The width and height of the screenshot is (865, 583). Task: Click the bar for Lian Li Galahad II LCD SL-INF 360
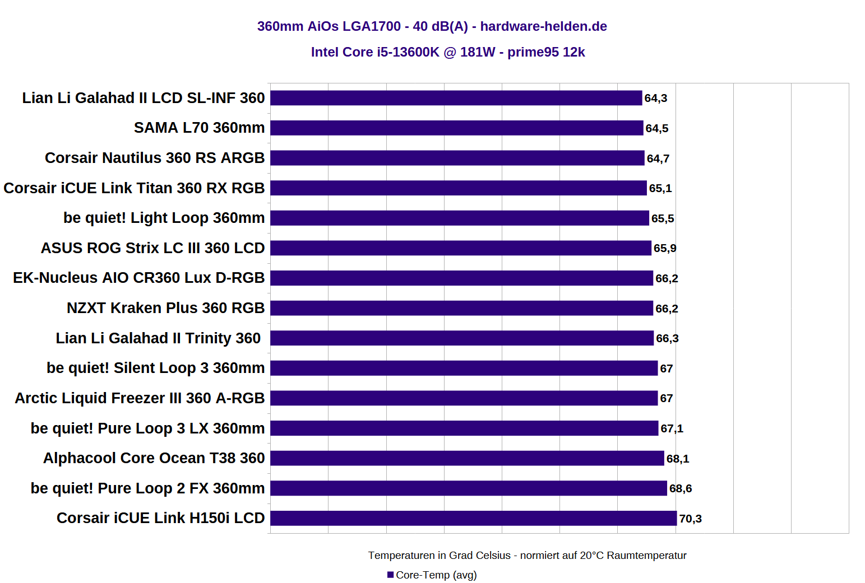pyautogui.click(x=456, y=98)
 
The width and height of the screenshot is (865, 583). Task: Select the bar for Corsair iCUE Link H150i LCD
pyautogui.click(x=473, y=518)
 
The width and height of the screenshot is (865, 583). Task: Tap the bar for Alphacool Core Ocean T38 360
pyautogui.click(x=467, y=458)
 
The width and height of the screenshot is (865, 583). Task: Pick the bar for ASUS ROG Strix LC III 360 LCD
pyautogui.click(x=461, y=248)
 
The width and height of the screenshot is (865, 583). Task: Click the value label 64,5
pyautogui.click(x=656, y=128)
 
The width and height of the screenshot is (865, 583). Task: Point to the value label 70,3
pyautogui.click(x=690, y=519)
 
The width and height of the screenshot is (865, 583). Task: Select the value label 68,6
pyautogui.click(x=680, y=488)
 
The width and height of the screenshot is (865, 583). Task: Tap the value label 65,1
pyautogui.click(x=660, y=188)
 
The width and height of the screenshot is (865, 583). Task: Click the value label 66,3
pyautogui.click(x=667, y=338)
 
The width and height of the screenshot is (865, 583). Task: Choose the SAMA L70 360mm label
pyautogui.click(x=199, y=128)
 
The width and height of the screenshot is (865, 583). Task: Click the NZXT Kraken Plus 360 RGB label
pyautogui.click(x=165, y=308)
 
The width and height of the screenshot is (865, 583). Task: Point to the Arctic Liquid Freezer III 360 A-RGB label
pyautogui.click(x=140, y=398)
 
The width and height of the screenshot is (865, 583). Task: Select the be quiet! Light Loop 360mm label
pyautogui.click(x=164, y=218)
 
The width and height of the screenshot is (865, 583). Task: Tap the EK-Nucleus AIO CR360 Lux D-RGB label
pyautogui.click(x=138, y=278)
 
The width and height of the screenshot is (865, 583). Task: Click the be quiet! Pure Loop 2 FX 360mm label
pyautogui.click(x=147, y=488)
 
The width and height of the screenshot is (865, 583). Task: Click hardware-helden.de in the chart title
pyautogui.click(x=543, y=26)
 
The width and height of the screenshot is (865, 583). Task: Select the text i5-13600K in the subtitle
pyautogui.click(x=408, y=52)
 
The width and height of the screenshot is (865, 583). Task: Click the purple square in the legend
pyautogui.click(x=390, y=575)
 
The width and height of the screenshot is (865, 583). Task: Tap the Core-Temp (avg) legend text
pyautogui.click(x=436, y=575)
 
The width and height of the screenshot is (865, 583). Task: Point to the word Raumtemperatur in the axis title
pyautogui.click(x=646, y=555)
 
